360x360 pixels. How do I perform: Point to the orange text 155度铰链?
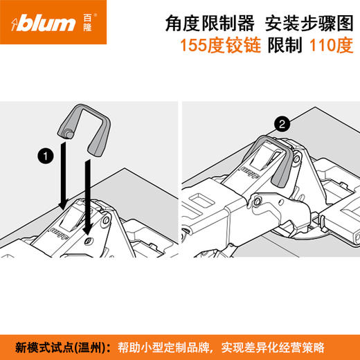pos(214,47)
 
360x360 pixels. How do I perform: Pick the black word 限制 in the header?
pos(285,47)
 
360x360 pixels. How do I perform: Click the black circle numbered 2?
pos(282,125)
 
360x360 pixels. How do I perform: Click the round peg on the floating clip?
pos(68,131)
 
